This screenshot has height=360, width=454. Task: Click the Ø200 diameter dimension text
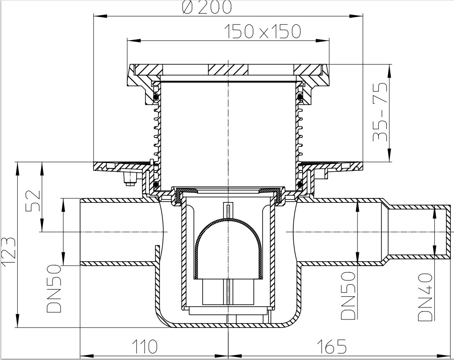(x=207, y=7)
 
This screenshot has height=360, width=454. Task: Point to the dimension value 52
(x=33, y=202)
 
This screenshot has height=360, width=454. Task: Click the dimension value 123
(x=8, y=251)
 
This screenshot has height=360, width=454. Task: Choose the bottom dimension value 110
(x=145, y=346)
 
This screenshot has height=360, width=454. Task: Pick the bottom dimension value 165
(x=332, y=346)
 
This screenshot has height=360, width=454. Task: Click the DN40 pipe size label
(x=425, y=297)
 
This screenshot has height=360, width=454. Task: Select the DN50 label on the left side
(x=54, y=288)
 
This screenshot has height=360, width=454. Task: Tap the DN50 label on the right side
(x=348, y=295)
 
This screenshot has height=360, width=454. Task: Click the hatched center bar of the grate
(x=228, y=69)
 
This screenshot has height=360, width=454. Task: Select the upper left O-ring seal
(x=156, y=97)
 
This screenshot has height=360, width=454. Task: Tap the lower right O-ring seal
(x=300, y=184)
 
